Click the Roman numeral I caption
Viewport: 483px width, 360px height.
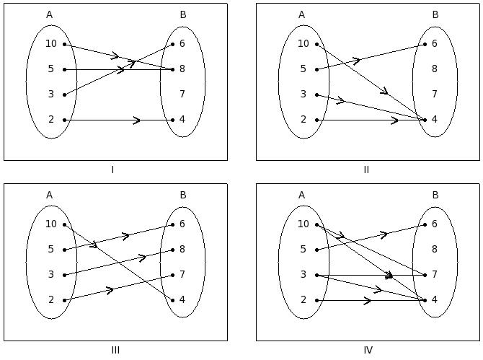point(112,170)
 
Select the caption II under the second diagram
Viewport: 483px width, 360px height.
point(366,170)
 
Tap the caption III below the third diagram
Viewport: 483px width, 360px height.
point(115,350)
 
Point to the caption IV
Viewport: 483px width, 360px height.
point(368,350)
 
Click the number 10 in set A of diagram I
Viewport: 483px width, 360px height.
point(51,44)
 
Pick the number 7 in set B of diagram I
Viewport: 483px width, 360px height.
point(182,94)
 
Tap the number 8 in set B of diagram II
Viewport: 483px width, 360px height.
point(435,69)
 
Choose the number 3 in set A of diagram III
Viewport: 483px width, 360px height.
point(51,274)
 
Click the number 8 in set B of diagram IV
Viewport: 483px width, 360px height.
point(435,249)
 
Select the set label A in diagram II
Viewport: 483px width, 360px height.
point(301,14)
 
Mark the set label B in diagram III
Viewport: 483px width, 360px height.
point(183,195)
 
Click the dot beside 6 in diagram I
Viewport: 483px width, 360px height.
point(173,45)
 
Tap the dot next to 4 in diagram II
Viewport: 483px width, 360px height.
point(425,120)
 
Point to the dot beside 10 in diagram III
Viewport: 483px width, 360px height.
point(64,224)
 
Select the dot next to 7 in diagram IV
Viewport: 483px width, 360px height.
point(425,276)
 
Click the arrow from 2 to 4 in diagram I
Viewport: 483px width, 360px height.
point(119,120)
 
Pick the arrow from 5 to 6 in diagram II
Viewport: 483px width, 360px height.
point(371,57)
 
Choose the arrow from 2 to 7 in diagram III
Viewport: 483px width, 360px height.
point(119,288)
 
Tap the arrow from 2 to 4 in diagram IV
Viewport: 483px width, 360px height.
point(371,301)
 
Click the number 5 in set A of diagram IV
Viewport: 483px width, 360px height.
point(303,249)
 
